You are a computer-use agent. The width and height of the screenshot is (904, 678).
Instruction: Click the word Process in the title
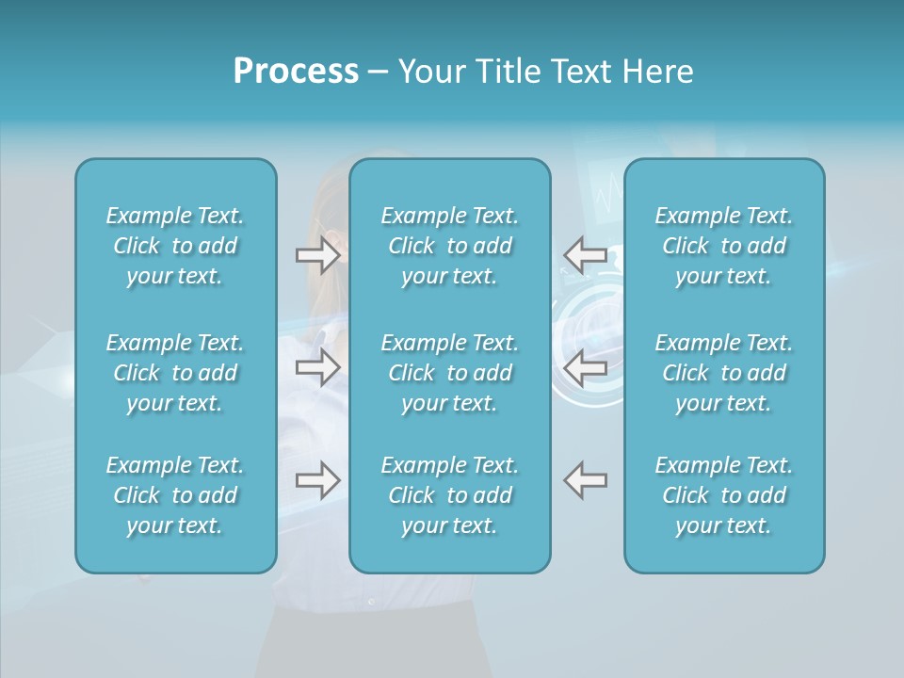tap(296, 72)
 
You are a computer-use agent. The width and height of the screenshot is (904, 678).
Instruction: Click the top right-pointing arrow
tap(317, 255)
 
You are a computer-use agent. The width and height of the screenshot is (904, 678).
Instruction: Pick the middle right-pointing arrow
tap(317, 367)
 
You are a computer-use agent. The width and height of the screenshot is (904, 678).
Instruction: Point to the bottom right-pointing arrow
tap(317, 480)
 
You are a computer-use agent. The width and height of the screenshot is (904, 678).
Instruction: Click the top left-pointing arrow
tap(585, 255)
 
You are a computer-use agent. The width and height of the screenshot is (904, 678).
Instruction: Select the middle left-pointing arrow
tap(585, 367)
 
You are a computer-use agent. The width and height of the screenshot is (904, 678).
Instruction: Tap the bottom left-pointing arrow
tap(585, 480)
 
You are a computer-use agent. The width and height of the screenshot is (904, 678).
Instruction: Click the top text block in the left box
tap(175, 246)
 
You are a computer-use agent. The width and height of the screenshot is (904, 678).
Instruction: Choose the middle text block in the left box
tap(175, 373)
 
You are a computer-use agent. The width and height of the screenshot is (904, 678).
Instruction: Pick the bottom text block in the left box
tap(175, 495)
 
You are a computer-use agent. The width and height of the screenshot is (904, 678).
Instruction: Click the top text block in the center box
tap(450, 246)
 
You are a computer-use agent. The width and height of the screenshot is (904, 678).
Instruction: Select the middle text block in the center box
tap(450, 373)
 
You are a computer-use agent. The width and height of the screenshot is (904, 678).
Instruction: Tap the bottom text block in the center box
tap(450, 495)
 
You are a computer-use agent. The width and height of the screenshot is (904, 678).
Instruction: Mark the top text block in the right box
tap(724, 246)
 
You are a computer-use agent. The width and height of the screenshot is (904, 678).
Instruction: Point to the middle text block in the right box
tap(724, 373)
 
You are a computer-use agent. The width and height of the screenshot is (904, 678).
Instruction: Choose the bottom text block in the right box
tap(724, 495)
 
